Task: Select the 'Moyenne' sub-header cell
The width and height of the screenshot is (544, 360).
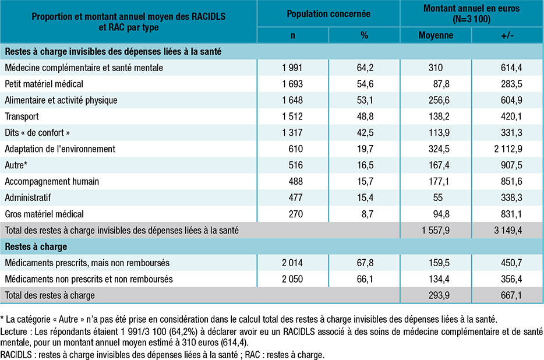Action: [x=436, y=36]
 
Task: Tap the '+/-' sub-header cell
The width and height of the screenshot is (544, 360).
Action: [x=507, y=36]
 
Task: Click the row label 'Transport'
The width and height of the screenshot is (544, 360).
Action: [x=22, y=117]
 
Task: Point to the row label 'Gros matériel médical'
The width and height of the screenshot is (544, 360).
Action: [x=44, y=214]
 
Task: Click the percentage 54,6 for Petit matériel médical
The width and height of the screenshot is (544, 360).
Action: [x=364, y=84]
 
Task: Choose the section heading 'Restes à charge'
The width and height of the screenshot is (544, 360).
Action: [x=36, y=247]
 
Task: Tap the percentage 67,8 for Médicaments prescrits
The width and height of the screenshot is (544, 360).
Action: [x=364, y=263]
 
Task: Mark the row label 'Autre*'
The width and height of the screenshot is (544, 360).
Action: [x=16, y=165]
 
